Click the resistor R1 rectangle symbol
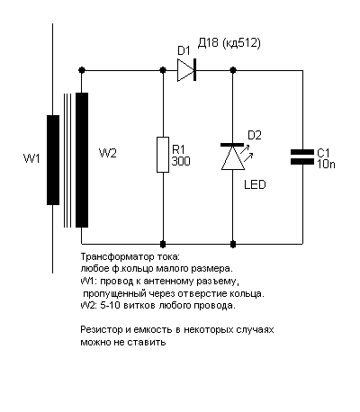click(x=163, y=155)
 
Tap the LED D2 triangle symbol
click(x=233, y=157)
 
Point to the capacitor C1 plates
click(x=302, y=157)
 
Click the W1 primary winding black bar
click(x=53, y=160)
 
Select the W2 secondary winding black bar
click(x=82, y=160)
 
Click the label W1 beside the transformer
click(x=31, y=158)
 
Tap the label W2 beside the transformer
click(x=108, y=153)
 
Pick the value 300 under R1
click(x=181, y=161)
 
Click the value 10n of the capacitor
click(x=326, y=165)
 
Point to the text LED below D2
click(x=255, y=184)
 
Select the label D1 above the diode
click(x=184, y=51)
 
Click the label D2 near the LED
click(x=255, y=136)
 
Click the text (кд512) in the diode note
click(x=241, y=43)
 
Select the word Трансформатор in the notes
click(x=118, y=257)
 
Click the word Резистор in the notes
click(x=102, y=330)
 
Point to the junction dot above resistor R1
click(x=163, y=70)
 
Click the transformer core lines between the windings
click(x=67, y=160)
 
